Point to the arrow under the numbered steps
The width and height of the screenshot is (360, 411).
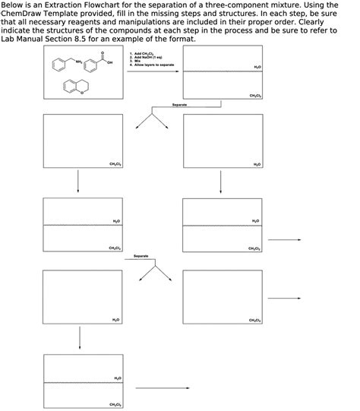click(152, 71)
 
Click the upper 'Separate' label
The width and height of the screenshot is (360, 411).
click(180, 103)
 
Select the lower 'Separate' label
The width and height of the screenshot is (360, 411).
click(141, 256)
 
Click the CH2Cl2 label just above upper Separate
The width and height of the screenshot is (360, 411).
click(256, 95)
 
